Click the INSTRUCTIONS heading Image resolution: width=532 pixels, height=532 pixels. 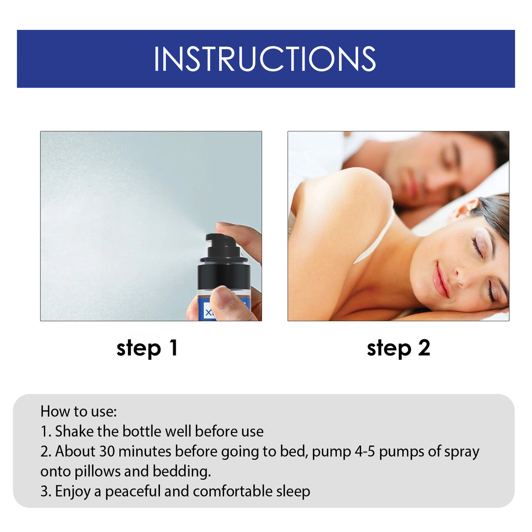pos(265,59)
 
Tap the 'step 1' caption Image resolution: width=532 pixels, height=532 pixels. pos(147,348)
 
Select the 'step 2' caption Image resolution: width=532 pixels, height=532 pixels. pos(398,348)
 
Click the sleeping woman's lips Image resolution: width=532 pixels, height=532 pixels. pos(441,280)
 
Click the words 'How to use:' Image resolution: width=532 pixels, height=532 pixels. pos(78,411)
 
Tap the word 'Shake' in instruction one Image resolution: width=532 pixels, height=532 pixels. pos(74,432)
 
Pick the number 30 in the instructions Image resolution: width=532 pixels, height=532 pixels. pos(107,451)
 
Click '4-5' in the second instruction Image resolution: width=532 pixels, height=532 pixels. pos(365,451)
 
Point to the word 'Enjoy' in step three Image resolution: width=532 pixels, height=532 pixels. pos(73,492)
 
